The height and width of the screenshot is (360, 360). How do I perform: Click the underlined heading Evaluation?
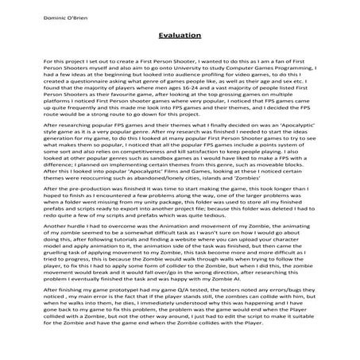179,36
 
